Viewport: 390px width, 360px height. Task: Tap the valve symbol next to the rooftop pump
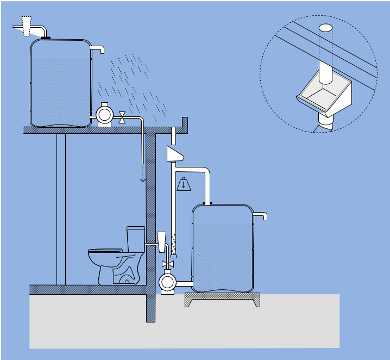pos(122,117)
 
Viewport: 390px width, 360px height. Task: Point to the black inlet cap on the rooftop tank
pos(46,38)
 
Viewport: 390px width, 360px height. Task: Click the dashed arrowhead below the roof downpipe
pos(143,179)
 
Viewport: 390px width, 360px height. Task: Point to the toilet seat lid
pos(105,251)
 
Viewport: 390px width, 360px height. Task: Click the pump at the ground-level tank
pos(167,282)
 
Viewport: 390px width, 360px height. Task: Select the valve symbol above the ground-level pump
pos(167,264)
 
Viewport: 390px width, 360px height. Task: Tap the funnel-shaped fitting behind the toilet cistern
pos(161,241)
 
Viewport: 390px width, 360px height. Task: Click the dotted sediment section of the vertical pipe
pos(173,246)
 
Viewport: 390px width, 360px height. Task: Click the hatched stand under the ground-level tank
pos(222,299)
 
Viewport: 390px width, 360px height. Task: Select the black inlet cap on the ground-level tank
pos(207,203)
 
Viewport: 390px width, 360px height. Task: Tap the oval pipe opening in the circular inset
pos(325,28)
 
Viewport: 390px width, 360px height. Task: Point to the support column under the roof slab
pos(61,209)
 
